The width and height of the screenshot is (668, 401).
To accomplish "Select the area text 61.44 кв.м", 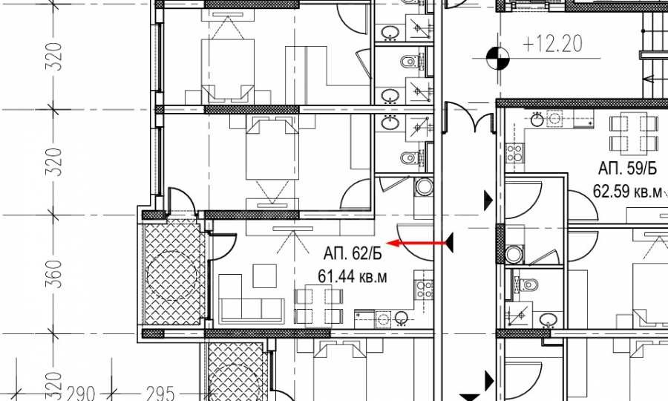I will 353,276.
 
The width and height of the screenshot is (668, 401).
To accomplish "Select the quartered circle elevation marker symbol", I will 497,58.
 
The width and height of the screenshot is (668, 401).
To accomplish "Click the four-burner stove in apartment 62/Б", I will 425,289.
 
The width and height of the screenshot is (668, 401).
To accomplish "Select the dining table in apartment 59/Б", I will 634,134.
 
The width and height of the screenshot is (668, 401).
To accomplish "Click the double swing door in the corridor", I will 469,117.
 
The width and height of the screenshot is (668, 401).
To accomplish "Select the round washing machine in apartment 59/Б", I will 514,255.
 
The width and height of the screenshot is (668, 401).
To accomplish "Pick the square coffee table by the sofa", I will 263,276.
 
